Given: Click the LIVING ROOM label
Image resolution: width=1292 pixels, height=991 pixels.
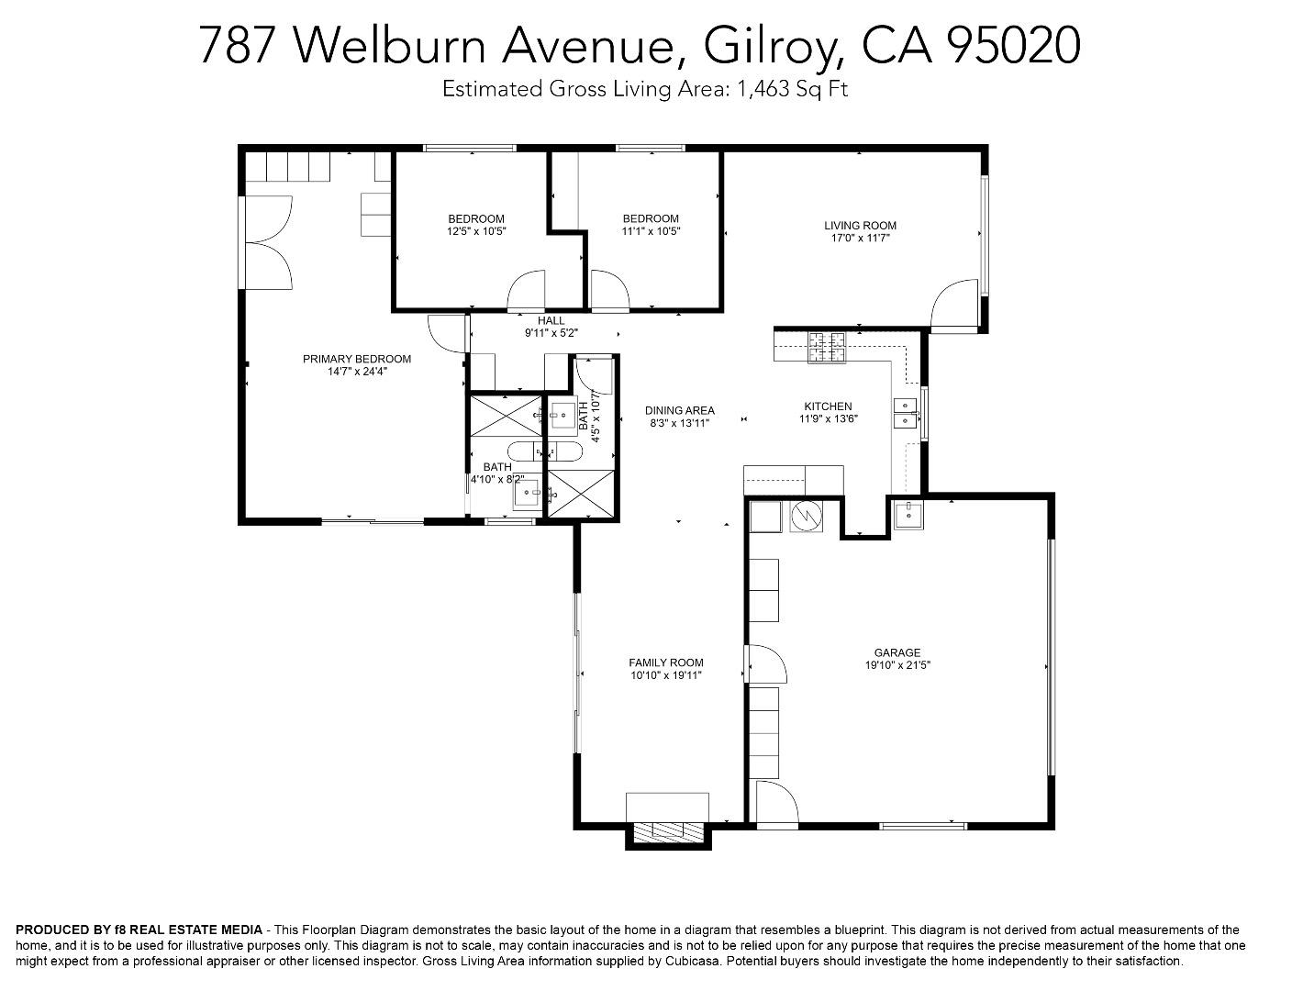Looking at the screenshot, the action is [860, 226].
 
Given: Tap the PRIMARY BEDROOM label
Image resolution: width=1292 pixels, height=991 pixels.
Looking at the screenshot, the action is [357, 359].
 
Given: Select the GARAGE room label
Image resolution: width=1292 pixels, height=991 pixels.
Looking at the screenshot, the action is [897, 652].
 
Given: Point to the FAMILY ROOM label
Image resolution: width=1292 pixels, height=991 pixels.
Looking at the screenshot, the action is [666, 663].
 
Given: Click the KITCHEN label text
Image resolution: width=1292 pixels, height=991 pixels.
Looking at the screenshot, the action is [829, 406].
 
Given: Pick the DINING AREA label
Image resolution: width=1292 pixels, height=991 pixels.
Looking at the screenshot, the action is [680, 411].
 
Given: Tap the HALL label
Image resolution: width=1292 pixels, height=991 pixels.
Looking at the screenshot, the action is [551, 321].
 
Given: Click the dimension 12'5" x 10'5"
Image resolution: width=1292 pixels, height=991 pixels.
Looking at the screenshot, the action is [476, 231].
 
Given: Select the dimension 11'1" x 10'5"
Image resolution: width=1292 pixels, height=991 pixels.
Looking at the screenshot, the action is [652, 231].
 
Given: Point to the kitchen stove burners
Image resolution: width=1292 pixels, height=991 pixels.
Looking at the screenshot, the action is [827, 348].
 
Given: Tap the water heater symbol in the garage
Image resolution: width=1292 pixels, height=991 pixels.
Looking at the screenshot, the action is [807, 516].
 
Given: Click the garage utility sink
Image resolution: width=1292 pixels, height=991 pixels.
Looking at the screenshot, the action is [909, 515].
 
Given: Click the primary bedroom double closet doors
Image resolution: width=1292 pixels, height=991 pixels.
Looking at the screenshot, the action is [269, 242].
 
